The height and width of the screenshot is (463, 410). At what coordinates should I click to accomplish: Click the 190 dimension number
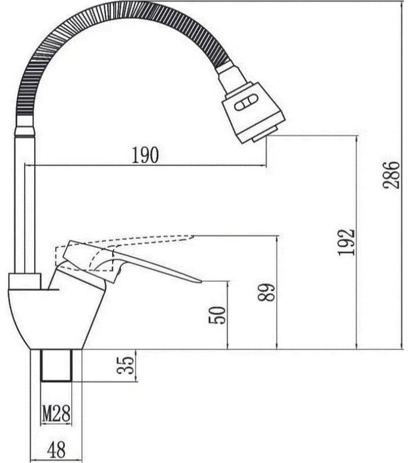145,155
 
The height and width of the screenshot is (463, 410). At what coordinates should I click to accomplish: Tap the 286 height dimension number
391,175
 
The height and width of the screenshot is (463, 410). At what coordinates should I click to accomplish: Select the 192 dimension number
346,242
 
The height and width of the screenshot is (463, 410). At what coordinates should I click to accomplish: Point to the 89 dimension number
266,292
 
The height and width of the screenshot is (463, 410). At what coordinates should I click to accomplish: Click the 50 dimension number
217,315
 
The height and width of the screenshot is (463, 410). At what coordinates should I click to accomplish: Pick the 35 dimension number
125,365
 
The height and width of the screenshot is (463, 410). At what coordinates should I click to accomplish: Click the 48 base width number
56,450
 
